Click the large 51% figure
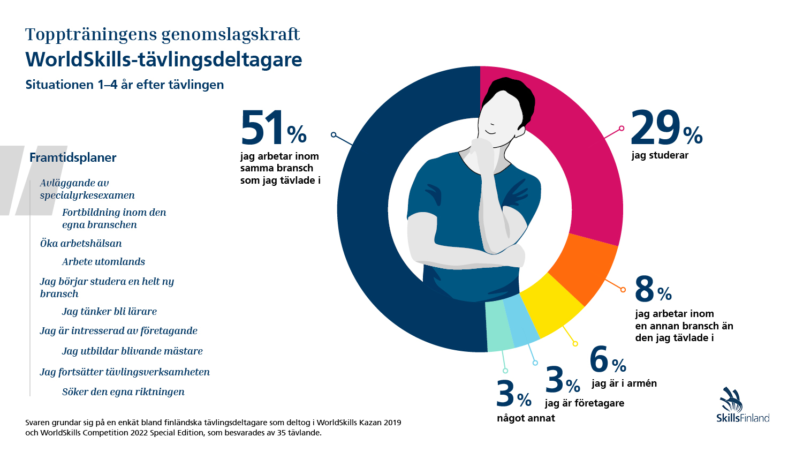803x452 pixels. (x=272, y=128)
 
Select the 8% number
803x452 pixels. (x=653, y=290)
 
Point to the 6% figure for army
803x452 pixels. (x=607, y=359)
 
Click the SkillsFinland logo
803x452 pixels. (x=742, y=405)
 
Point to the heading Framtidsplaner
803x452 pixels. (x=73, y=157)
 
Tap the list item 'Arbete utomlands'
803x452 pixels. (x=103, y=262)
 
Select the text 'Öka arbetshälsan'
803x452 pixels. (x=81, y=244)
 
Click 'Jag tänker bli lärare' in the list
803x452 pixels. (x=109, y=312)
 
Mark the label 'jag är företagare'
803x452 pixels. (x=584, y=403)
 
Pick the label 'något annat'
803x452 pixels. (x=526, y=418)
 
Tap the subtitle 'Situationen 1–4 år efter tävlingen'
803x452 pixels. (x=125, y=85)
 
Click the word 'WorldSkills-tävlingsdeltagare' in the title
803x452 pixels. (x=164, y=59)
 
